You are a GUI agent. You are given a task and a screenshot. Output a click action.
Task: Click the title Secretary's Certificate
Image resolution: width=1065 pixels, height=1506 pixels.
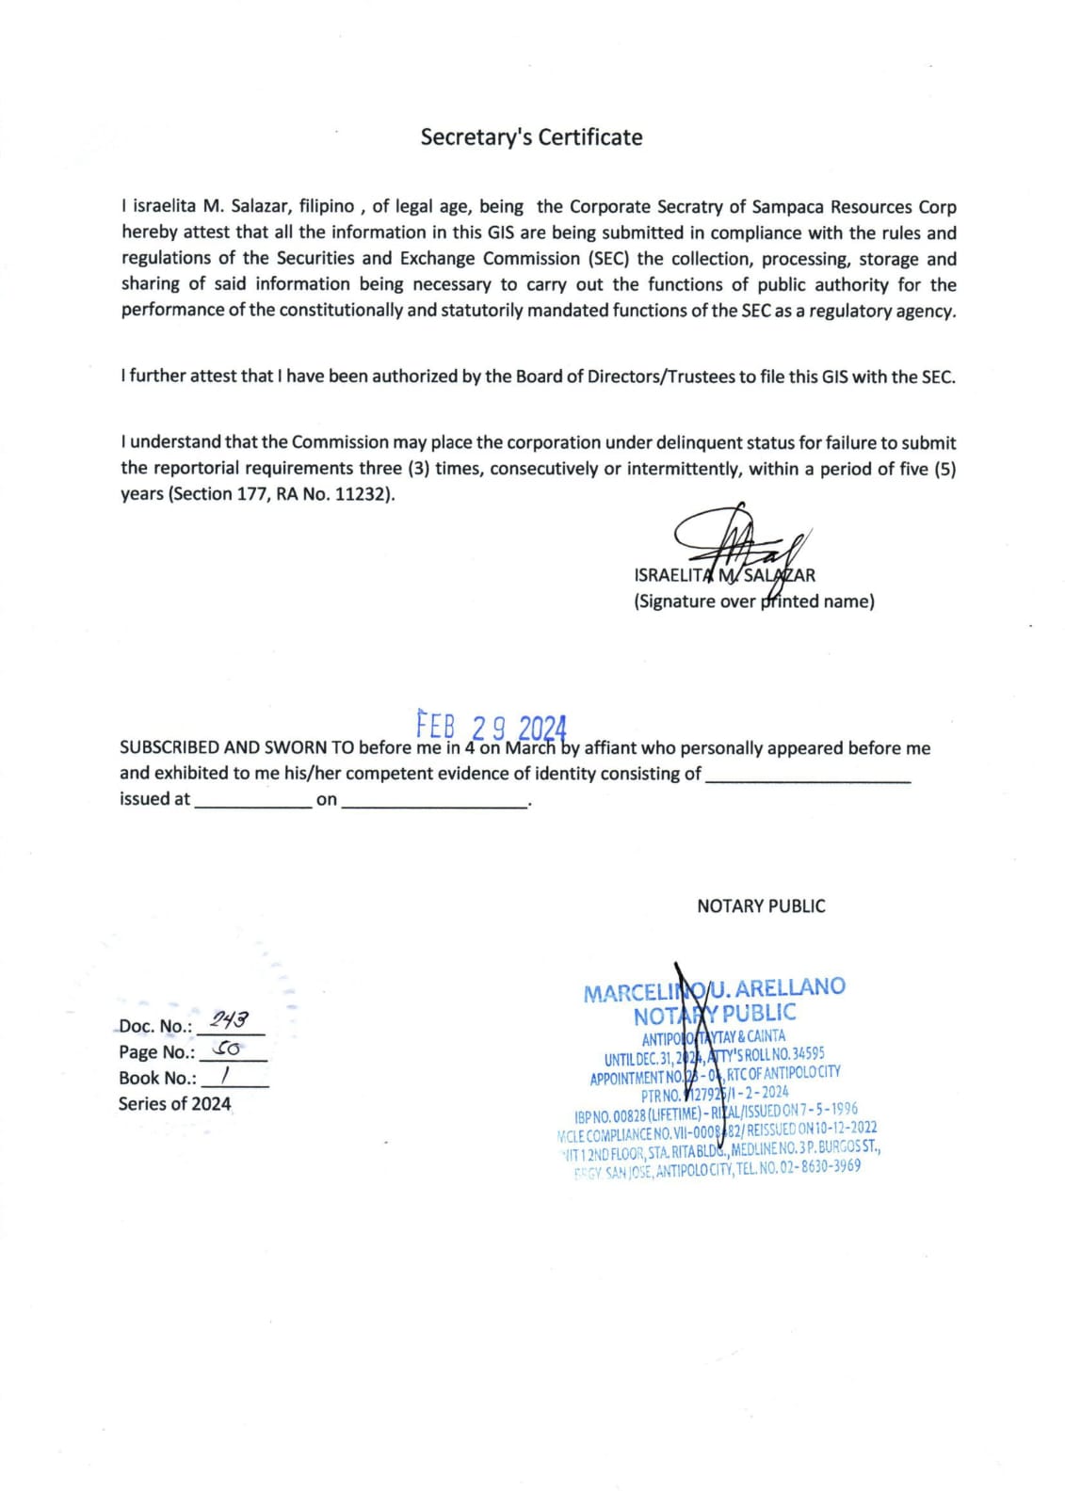(531, 137)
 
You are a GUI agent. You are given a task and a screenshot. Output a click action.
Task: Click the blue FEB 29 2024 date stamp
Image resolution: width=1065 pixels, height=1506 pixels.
(491, 727)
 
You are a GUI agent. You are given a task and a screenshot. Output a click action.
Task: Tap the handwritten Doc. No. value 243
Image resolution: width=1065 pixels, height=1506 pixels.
(229, 1019)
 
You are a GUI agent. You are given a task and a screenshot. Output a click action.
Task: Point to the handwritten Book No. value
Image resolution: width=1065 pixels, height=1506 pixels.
(225, 1074)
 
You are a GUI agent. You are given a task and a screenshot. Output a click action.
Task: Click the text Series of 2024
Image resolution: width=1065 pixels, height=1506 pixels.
(174, 1104)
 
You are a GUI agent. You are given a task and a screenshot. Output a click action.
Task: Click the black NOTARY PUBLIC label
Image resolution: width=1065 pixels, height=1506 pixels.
(761, 906)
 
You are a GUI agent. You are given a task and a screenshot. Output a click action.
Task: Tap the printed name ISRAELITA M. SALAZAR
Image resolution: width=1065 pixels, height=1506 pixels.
(724, 575)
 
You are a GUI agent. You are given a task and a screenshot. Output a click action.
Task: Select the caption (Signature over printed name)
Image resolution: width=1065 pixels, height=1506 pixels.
(753, 601)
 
